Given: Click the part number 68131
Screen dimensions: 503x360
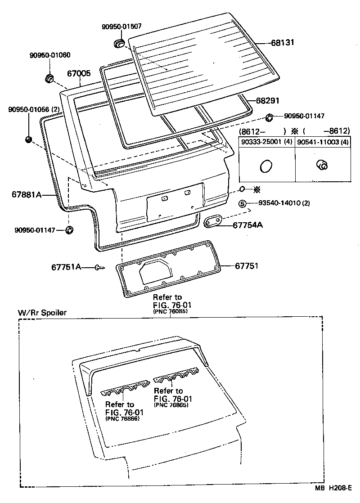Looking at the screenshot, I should pos(282,43).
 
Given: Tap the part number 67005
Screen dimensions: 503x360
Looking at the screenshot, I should pos(79,73).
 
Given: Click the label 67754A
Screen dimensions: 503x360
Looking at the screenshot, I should pos(247,225).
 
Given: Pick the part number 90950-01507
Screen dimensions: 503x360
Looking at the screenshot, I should pos(121,27).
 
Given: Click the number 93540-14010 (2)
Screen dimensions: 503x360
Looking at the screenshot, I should pos(284,203).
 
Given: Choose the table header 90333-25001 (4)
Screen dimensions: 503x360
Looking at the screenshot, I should pos(266,142).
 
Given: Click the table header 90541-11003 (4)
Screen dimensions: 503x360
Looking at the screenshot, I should pos(323,142).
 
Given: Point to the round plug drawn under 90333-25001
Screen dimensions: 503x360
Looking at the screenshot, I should pos(266,166).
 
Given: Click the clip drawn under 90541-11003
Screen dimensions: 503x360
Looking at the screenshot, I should pos(322,165).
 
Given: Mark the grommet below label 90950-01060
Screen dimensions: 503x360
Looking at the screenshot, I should pos(49,78).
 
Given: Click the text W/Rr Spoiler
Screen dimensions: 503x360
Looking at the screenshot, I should pos(41,313).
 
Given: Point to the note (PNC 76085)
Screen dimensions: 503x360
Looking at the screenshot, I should pos(170,311).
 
